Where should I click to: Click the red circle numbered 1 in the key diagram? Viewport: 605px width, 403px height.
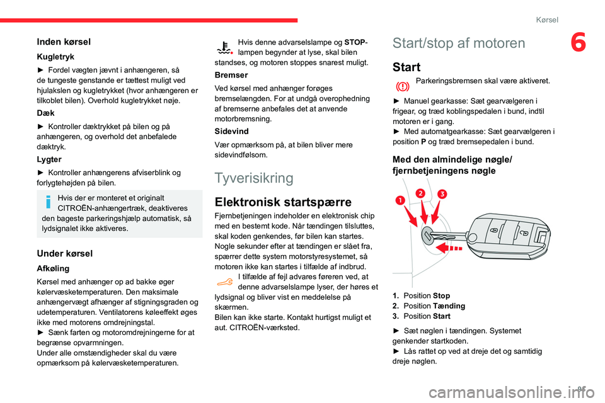coord(399,200)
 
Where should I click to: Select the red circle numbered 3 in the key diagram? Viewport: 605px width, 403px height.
coord(442,194)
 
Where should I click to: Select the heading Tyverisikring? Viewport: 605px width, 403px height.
coord(254,178)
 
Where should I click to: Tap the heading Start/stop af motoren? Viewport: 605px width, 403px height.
coord(458,43)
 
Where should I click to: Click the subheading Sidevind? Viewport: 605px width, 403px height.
coord(231,131)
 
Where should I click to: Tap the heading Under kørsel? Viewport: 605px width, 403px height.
coord(66,253)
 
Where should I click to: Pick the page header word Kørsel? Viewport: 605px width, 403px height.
coord(546,20)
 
